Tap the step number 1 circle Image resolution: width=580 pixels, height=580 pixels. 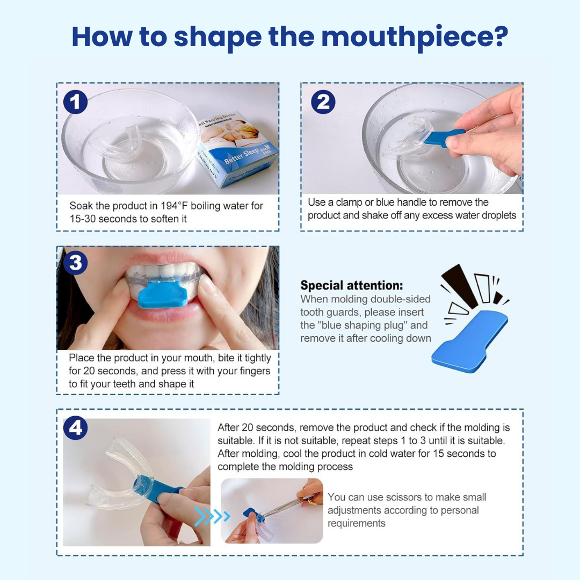(x=76, y=103)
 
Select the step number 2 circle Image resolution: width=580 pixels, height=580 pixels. (x=323, y=102)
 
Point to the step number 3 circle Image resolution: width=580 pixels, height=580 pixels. (x=76, y=263)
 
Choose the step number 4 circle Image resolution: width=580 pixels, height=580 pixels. (x=76, y=428)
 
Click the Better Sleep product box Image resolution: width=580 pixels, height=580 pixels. (x=237, y=149)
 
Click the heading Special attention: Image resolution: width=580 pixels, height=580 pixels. (x=352, y=285)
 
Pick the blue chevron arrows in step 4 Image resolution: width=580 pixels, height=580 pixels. (x=212, y=516)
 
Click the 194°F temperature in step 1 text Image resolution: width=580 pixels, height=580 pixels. (x=174, y=206)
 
